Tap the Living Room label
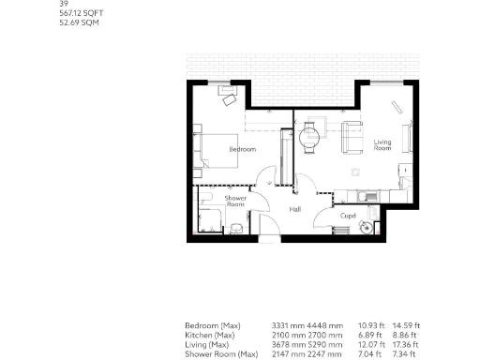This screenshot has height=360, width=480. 382,145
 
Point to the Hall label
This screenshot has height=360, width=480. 295,209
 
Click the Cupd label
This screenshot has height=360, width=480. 348,215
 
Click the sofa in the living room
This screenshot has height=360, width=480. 352,136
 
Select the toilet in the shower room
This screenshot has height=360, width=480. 236,227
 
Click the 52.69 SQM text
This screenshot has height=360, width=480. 79,22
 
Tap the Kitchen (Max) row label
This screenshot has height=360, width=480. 208,333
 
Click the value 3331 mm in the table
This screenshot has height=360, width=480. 286,324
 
